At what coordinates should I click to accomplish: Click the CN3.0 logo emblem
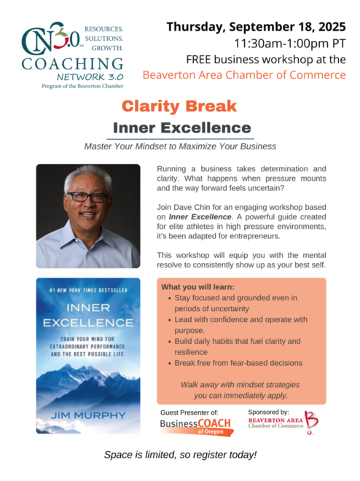[x=51, y=39]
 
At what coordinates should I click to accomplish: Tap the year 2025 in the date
[x=332, y=27]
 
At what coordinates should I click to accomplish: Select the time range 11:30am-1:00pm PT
[x=290, y=43]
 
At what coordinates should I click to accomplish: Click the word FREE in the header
[x=198, y=59]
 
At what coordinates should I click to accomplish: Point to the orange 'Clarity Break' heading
[x=179, y=106]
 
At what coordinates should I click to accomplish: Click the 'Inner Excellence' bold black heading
[x=182, y=128]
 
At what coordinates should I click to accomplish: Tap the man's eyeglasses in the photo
[x=87, y=197]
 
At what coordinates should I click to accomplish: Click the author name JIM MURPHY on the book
[x=88, y=415]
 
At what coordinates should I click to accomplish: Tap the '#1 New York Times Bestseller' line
[x=88, y=290]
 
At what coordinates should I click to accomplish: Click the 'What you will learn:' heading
[x=197, y=287]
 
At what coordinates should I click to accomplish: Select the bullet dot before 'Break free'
[x=170, y=364]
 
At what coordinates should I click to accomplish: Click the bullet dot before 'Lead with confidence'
[x=170, y=320]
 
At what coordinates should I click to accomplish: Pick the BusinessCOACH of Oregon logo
[x=196, y=427]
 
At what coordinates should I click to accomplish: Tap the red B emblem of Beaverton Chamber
[x=311, y=423]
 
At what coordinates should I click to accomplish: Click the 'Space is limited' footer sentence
[x=180, y=455]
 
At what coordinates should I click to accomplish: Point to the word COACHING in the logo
[x=72, y=64]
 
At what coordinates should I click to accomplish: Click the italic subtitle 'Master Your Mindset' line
[x=180, y=146]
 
